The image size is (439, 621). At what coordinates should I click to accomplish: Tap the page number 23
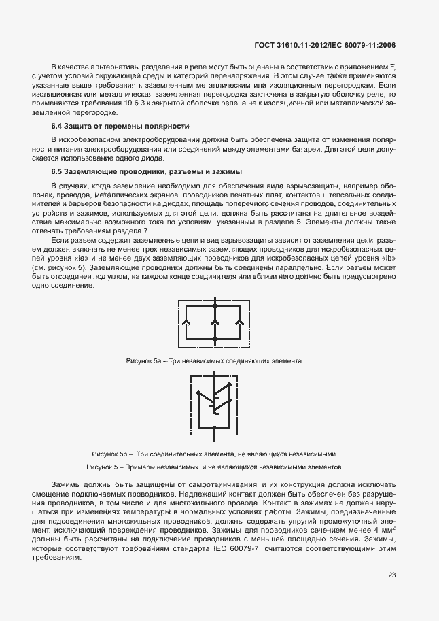[391, 575]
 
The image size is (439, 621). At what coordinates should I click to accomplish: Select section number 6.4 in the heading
[58, 127]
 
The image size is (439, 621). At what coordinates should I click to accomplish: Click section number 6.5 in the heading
[58, 172]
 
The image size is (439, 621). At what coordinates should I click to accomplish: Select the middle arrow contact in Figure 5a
[214, 323]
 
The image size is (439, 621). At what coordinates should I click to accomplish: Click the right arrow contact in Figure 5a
[240, 323]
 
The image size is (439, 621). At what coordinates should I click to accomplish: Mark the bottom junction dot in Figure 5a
[214, 339]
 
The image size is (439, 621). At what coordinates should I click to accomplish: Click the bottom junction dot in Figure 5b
[214, 428]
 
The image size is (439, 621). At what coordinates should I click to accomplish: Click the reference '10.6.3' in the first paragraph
[132, 103]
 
